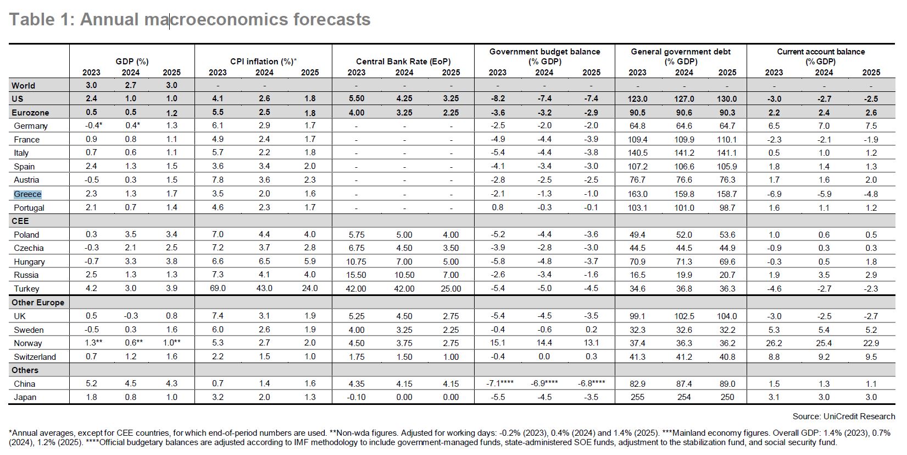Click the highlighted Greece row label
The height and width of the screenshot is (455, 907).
[x=27, y=194]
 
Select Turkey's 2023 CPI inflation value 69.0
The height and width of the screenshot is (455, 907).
[x=218, y=288]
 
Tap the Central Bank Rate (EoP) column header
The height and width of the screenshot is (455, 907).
[x=403, y=61]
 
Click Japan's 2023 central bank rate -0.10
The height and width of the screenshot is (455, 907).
[x=357, y=397]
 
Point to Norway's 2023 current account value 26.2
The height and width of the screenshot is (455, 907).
[x=774, y=343]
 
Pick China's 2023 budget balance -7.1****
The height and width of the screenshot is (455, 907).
[x=500, y=383]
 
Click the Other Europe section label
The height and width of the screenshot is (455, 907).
[x=38, y=303]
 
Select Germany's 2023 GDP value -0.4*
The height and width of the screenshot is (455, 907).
[x=93, y=125]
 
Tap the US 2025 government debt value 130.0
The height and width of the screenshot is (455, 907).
[x=727, y=98]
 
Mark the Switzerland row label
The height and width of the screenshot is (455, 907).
[x=35, y=357]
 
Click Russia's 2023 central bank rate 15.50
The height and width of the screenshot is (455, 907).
[x=356, y=275]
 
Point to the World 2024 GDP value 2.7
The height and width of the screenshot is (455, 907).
[x=130, y=85]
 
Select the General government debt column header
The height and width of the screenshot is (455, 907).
[x=681, y=56]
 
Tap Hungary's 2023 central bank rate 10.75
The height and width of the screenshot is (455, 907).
[x=356, y=261]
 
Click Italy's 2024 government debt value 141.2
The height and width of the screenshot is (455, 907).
[x=684, y=153]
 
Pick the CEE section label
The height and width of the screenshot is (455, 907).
[x=20, y=221]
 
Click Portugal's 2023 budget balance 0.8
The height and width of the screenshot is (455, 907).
[x=497, y=207]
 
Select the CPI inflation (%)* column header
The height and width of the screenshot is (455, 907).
[x=263, y=61]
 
